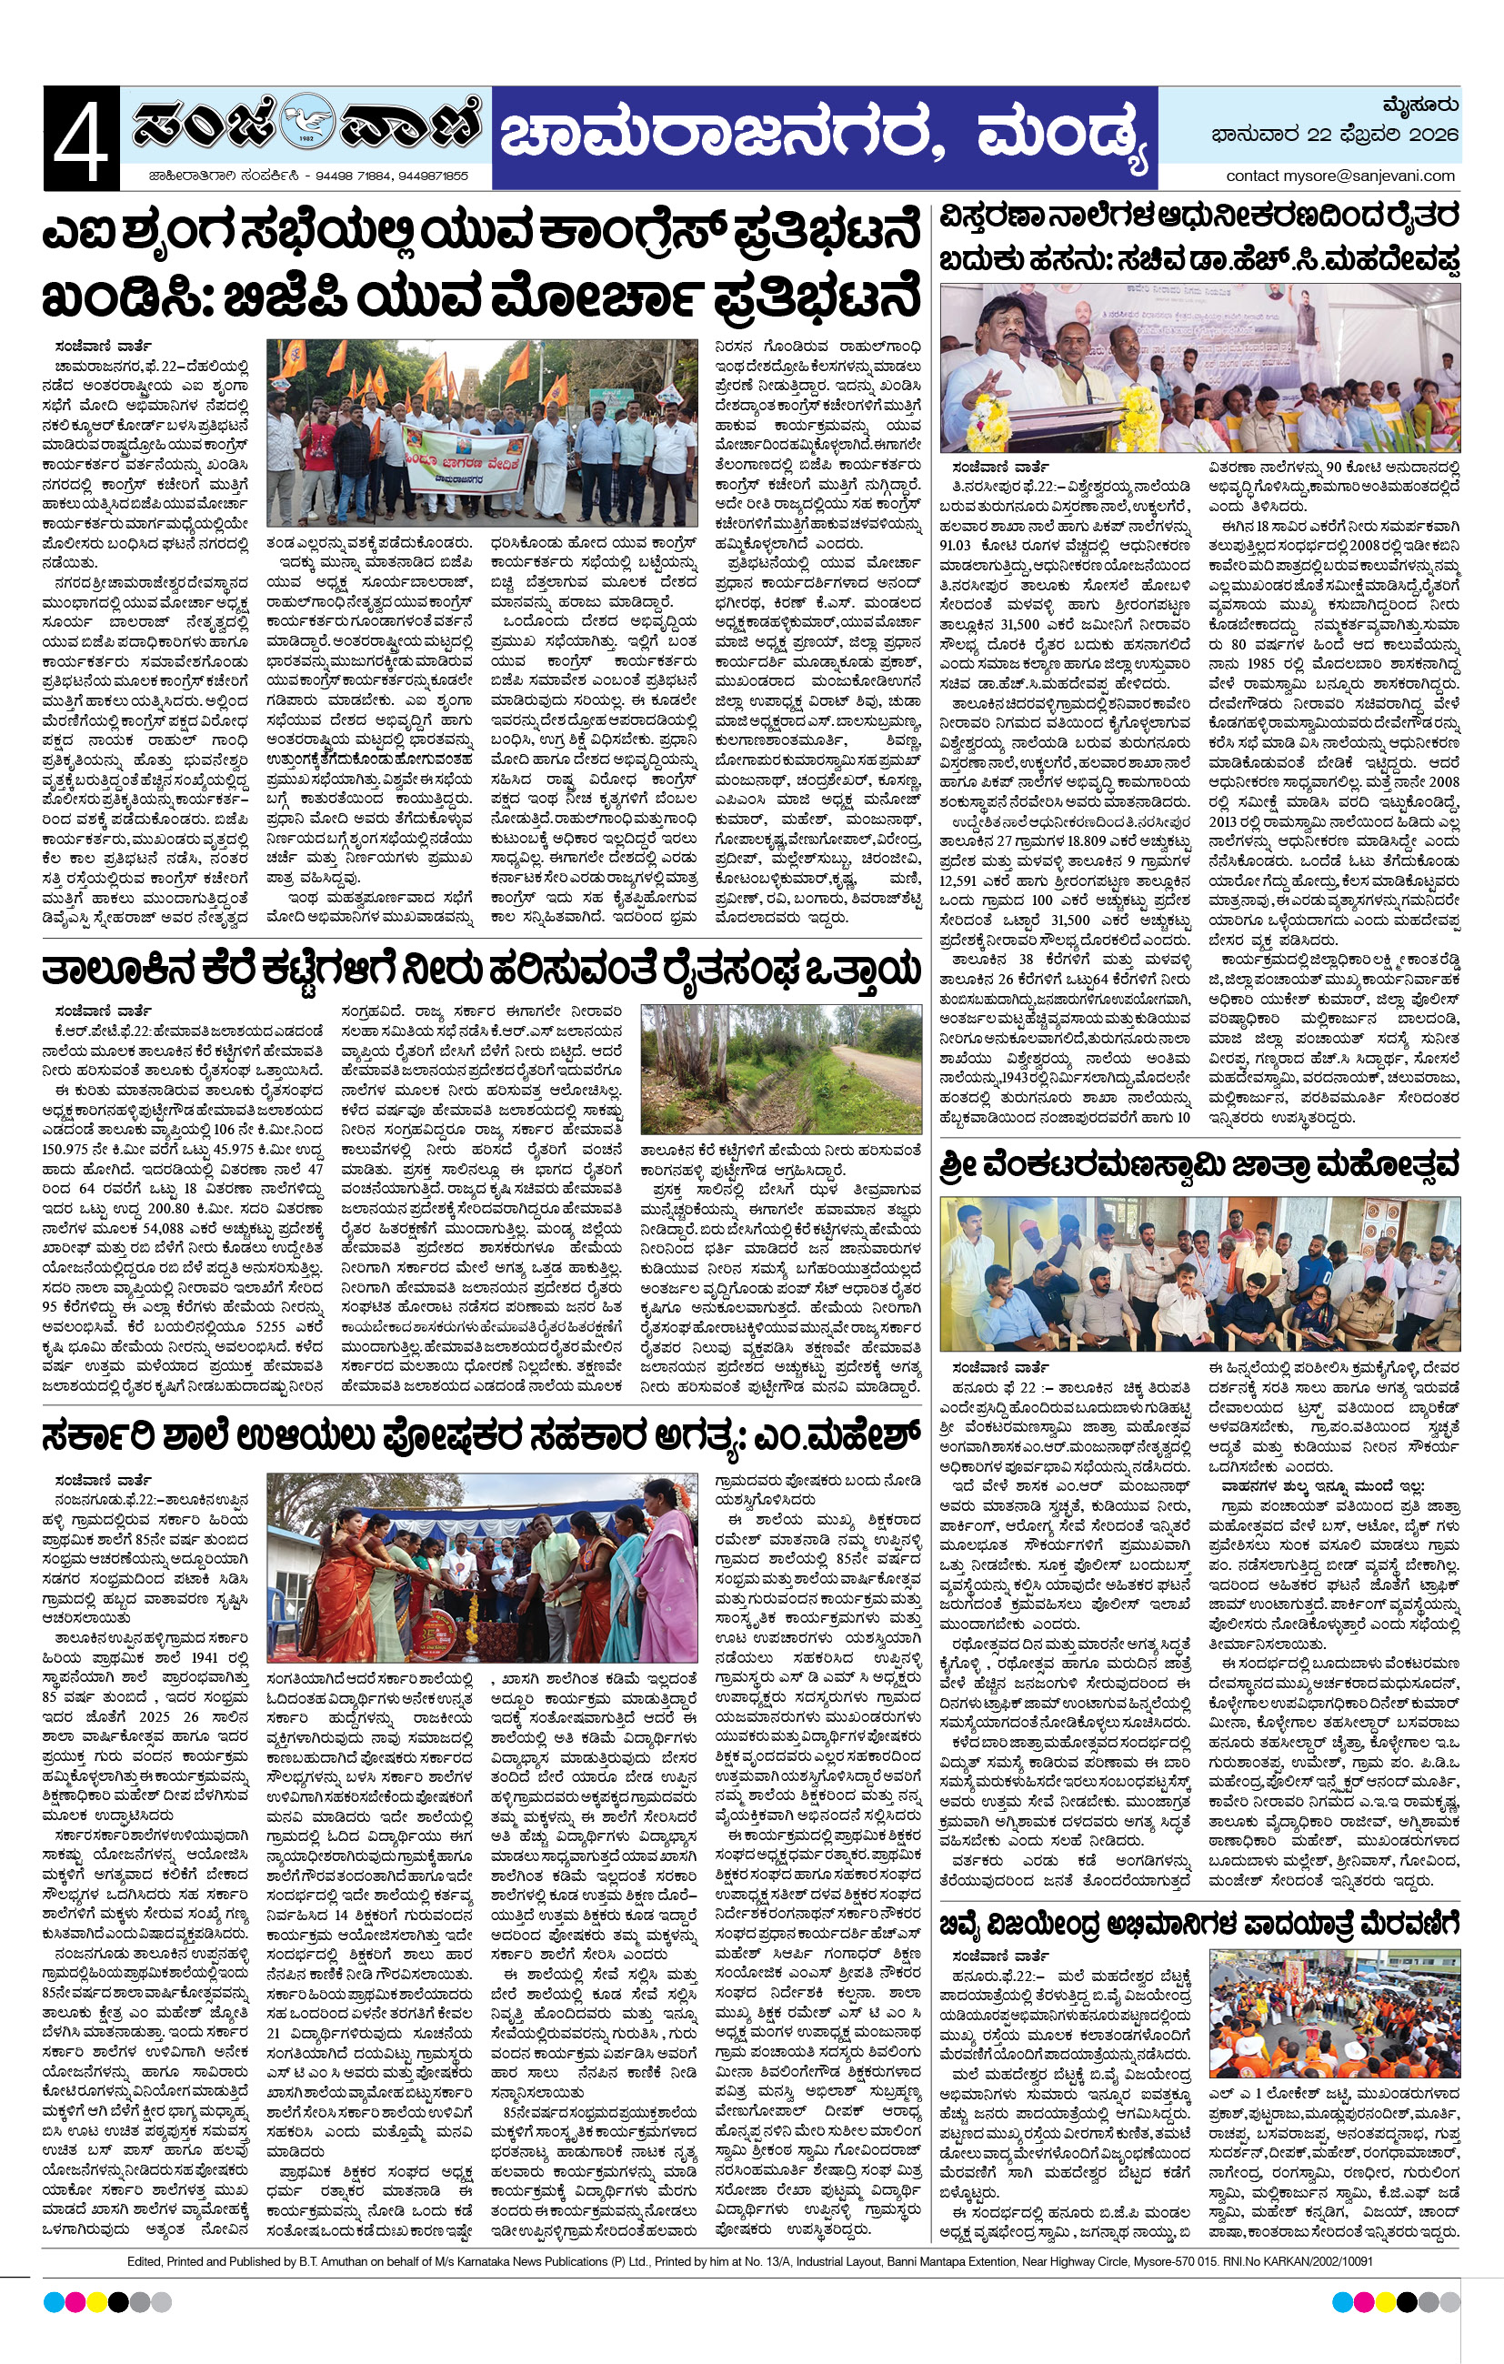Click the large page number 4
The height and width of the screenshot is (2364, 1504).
(x=81, y=138)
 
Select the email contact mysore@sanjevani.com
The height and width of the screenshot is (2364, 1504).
(x=1340, y=176)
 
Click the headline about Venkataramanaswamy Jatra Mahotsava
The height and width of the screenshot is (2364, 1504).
(x=1198, y=1165)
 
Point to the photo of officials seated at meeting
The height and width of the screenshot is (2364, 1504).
(x=1198, y=1273)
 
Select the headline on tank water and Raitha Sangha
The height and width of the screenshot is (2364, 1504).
(x=481, y=970)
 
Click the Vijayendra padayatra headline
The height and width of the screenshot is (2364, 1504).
(x=1198, y=1920)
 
